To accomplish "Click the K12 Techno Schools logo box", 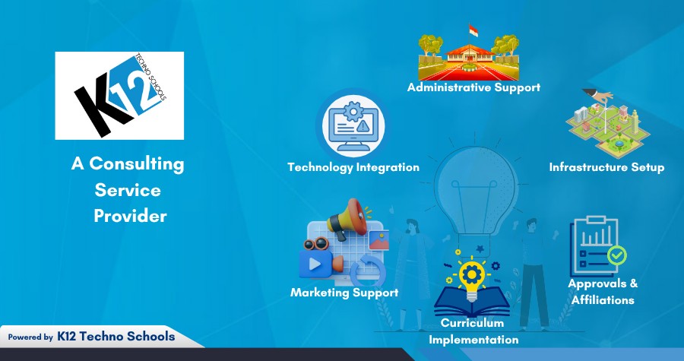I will click(x=119, y=96).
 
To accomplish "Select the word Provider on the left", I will click(x=130, y=216).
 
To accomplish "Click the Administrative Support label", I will click(x=473, y=87).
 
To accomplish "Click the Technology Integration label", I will click(x=353, y=167).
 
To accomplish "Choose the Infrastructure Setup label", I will click(x=606, y=167).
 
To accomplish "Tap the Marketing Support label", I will click(x=344, y=292).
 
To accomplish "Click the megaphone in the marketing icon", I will click(x=347, y=218).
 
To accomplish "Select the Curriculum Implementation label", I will click(x=473, y=331).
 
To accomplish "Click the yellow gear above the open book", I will click(x=471, y=272).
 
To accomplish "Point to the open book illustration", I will click(x=471, y=302).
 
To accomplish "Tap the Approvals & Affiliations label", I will click(x=603, y=292).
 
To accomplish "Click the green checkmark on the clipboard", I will click(x=616, y=255).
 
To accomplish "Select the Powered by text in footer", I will click(x=30, y=337).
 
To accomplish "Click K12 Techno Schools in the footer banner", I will click(x=116, y=336).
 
